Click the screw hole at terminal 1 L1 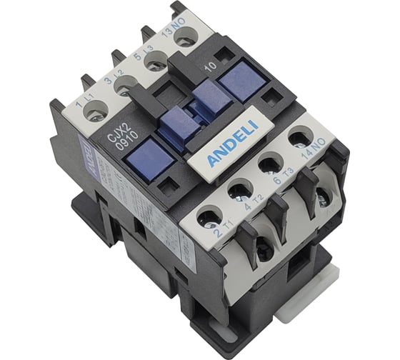pos(96,110)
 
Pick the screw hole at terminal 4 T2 pos(239,191)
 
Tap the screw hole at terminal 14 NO pos(299,138)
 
